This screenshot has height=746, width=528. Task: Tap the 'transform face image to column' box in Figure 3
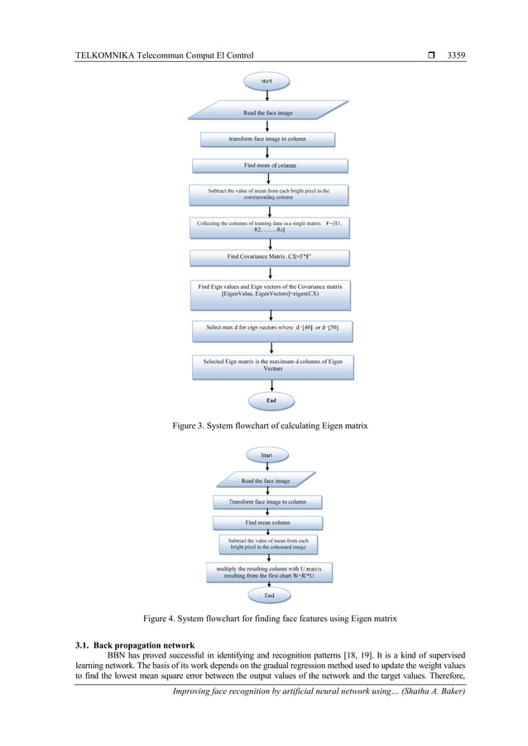coord(266,139)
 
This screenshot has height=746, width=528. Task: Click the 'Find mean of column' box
coord(269,165)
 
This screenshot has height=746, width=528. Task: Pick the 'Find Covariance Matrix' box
coord(269,257)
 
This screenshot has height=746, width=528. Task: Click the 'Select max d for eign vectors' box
coord(271,328)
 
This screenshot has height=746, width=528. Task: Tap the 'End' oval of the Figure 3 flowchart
coord(271,400)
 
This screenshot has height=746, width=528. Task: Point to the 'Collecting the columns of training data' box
coord(270,226)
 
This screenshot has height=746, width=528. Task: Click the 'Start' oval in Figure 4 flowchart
coord(266,455)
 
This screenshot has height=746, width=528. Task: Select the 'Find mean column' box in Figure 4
coord(266,523)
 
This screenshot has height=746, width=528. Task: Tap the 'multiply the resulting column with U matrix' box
coord(268,572)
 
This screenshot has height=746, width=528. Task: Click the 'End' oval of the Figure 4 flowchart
coord(269,595)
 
